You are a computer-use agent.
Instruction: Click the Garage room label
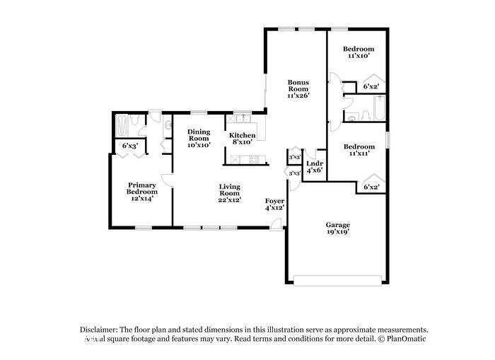[337, 225]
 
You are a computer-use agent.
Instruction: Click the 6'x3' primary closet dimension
[129, 146]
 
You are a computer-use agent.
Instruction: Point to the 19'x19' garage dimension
[337, 231]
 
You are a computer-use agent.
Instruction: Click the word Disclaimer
[98, 330]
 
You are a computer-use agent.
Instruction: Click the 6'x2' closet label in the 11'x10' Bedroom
[371, 87]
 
